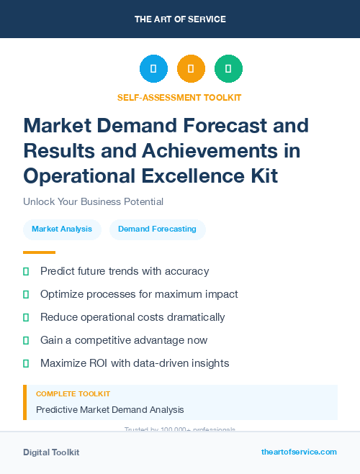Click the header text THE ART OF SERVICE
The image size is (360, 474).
(180, 19)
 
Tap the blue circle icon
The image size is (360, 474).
(153, 69)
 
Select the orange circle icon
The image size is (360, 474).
(191, 69)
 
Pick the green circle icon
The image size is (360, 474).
(228, 69)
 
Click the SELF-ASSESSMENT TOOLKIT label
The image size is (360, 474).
(179, 97)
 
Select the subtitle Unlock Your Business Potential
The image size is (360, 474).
(93, 201)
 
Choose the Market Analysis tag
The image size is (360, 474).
(62, 229)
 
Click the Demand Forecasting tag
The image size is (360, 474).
(157, 229)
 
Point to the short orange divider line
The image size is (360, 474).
(39, 252)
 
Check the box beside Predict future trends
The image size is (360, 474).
(27, 272)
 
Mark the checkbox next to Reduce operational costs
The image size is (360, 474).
(27, 318)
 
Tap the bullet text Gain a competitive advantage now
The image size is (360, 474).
(124, 340)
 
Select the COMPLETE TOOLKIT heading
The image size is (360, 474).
(73, 394)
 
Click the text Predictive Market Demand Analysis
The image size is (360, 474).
(109, 410)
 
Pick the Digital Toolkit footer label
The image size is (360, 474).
(51, 452)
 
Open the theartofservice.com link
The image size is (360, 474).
(299, 452)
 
